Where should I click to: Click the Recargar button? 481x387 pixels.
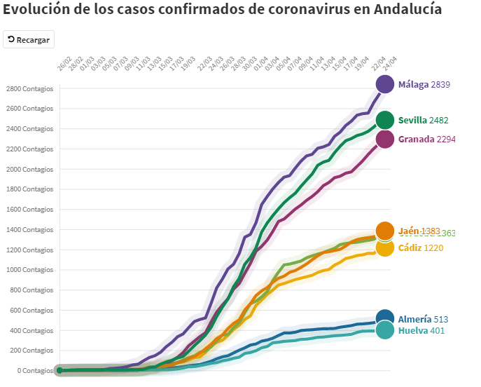(x=29, y=40)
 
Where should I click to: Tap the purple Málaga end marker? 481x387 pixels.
(x=385, y=84)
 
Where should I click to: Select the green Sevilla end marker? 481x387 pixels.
(x=385, y=120)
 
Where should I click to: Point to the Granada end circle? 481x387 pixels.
(x=385, y=139)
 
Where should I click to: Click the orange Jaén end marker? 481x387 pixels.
(x=385, y=231)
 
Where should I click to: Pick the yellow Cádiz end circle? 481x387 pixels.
(x=385, y=247)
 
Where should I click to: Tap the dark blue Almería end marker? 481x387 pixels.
(x=385, y=318)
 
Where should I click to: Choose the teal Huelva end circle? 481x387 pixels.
(x=385, y=330)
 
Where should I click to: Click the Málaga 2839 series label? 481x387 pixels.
(x=424, y=84)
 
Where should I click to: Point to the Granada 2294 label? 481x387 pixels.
(x=426, y=139)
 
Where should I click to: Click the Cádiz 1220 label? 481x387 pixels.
(x=420, y=247)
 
